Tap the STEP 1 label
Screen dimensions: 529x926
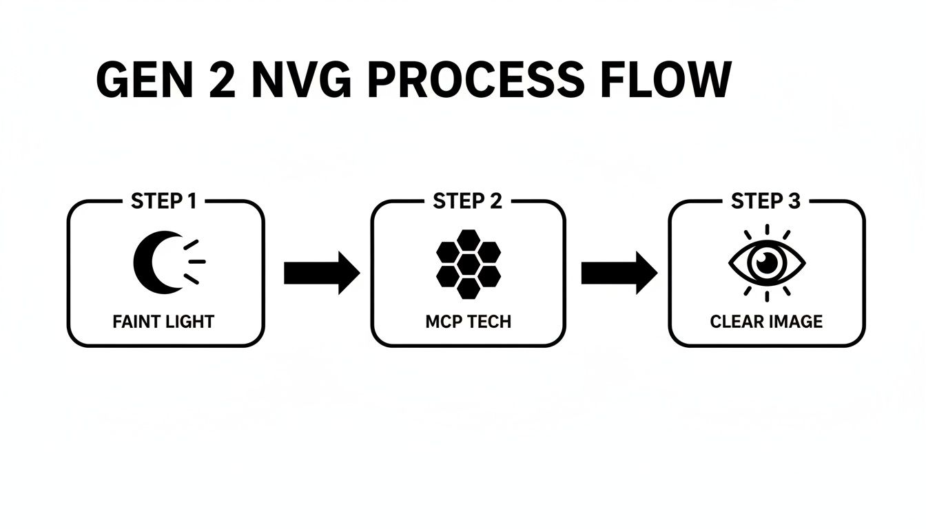[x=163, y=201]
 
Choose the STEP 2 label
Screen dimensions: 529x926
[x=468, y=201]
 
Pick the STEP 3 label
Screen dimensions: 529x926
[x=765, y=201]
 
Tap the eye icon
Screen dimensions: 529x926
[x=767, y=262]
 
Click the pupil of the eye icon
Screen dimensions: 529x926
[x=767, y=262]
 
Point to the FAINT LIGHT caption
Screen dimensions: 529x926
[x=163, y=321]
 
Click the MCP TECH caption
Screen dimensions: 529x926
[x=468, y=321]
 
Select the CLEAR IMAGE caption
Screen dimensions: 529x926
[x=766, y=321]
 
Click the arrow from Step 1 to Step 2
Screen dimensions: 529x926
[x=321, y=273]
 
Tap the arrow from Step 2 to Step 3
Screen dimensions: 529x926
[x=619, y=273]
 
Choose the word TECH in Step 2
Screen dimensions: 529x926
[x=488, y=321]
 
